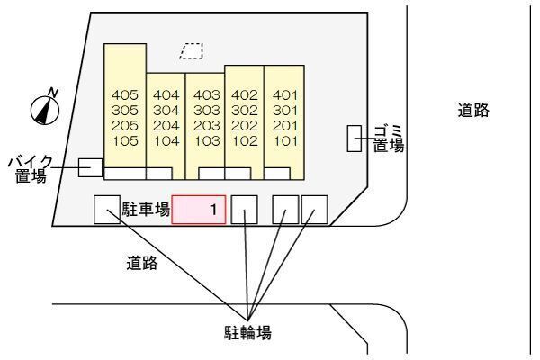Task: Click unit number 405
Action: point(125,94)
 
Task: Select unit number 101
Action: point(284,140)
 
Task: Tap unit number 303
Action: point(207,110)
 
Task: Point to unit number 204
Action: point(166,125)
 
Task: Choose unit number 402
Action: point(245,94)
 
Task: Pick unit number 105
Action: point(125,140)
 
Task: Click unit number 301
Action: point(284,110)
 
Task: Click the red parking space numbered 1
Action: point(199,211)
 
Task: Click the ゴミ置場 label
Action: point(388,138)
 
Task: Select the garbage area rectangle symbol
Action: point(354,139)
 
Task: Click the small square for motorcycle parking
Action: point(90,167)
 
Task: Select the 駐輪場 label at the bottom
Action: point(248,332)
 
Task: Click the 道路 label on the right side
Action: point(472,112)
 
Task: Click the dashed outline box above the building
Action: point(191,50)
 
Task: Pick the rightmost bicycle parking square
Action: point(314,210)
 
